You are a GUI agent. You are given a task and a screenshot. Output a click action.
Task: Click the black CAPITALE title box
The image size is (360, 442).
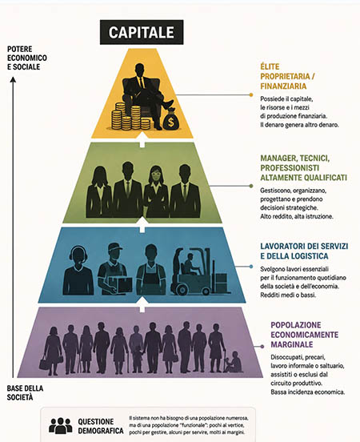pos(142,32)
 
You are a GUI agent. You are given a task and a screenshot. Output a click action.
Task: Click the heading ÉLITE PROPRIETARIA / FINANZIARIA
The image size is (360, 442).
pos(287,76)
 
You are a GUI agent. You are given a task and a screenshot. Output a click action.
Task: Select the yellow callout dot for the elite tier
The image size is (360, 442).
pos(251,94)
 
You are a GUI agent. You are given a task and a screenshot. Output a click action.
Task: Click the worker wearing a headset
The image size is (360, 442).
pos(78,271)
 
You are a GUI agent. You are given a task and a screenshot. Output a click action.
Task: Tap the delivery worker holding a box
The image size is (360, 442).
pos(114,269)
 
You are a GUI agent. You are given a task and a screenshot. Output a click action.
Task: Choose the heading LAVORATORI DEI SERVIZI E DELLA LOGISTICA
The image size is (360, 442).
pos(304,251)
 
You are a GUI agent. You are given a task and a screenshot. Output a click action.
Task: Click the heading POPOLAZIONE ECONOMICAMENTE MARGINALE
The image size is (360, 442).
pos(304,335)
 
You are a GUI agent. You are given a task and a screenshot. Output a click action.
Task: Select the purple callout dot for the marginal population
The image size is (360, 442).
pos(262,346)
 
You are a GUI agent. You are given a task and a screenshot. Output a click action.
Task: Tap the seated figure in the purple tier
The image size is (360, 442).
pos(234,362)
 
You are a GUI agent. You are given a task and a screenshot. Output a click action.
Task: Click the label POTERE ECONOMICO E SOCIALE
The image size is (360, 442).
pos(27,58)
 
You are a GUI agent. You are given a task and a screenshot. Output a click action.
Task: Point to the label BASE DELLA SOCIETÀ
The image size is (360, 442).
pos(25,392)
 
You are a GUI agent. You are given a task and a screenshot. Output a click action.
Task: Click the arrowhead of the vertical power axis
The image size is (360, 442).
pos(13,80)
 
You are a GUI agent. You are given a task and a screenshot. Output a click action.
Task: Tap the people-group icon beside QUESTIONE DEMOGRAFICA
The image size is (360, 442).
pos(60,426)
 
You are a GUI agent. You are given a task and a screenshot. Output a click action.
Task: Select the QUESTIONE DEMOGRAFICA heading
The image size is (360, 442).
pos(101,426)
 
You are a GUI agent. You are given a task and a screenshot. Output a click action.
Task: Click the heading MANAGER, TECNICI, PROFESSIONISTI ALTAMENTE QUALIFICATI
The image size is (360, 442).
pos(303,168)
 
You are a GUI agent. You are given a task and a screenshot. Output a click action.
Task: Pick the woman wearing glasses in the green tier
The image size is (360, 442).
pos(156,191)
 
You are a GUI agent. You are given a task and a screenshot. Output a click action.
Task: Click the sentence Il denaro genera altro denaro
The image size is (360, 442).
pos(299,125)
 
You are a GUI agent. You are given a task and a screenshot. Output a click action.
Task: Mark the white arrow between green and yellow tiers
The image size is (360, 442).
pos(142,140)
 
